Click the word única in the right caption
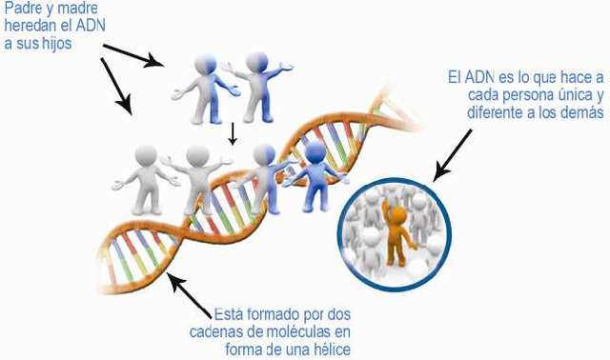[x=565, y=95]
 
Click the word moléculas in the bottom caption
[x=297, y=332]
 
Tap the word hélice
[x=333, y=350]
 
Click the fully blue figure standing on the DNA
[x=315, y=176]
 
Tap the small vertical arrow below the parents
[x=233, y=134]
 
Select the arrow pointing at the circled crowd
[x=453, y=155]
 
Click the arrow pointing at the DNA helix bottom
[x=191, y=294]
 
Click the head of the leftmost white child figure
[x=146, y=155]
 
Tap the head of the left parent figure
[x=206, y=64]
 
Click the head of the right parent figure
[x=256, y=62]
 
